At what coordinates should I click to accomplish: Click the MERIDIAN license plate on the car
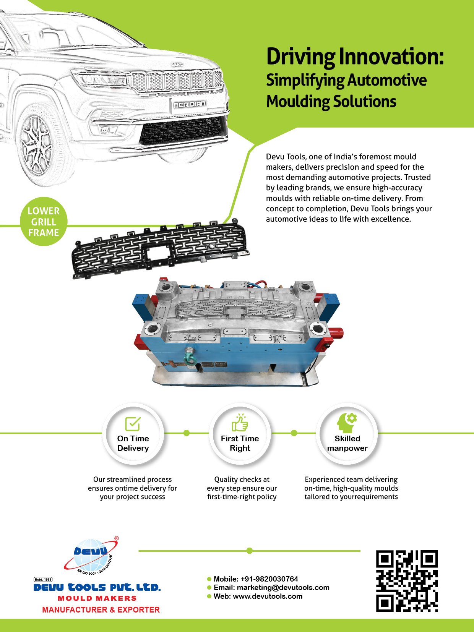[x=189, y=104]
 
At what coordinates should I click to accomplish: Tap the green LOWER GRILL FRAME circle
[x=44, y=222]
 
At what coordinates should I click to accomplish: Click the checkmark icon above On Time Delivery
[x=133, y=423]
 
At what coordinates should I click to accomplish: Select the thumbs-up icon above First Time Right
[x=240, y=423]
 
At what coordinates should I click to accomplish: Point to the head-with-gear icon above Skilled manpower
[x=347, y=423]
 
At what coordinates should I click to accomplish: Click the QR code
[x=407, y=581]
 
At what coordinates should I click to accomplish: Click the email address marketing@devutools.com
[x=283, y=587]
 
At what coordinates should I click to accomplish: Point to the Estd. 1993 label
[x=43, y=579]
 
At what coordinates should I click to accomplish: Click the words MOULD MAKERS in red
[x=97, y=598]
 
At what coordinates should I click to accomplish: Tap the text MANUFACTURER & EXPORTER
[x=101, y=609]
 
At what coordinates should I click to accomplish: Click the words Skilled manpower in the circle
[x=347, y=443]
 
